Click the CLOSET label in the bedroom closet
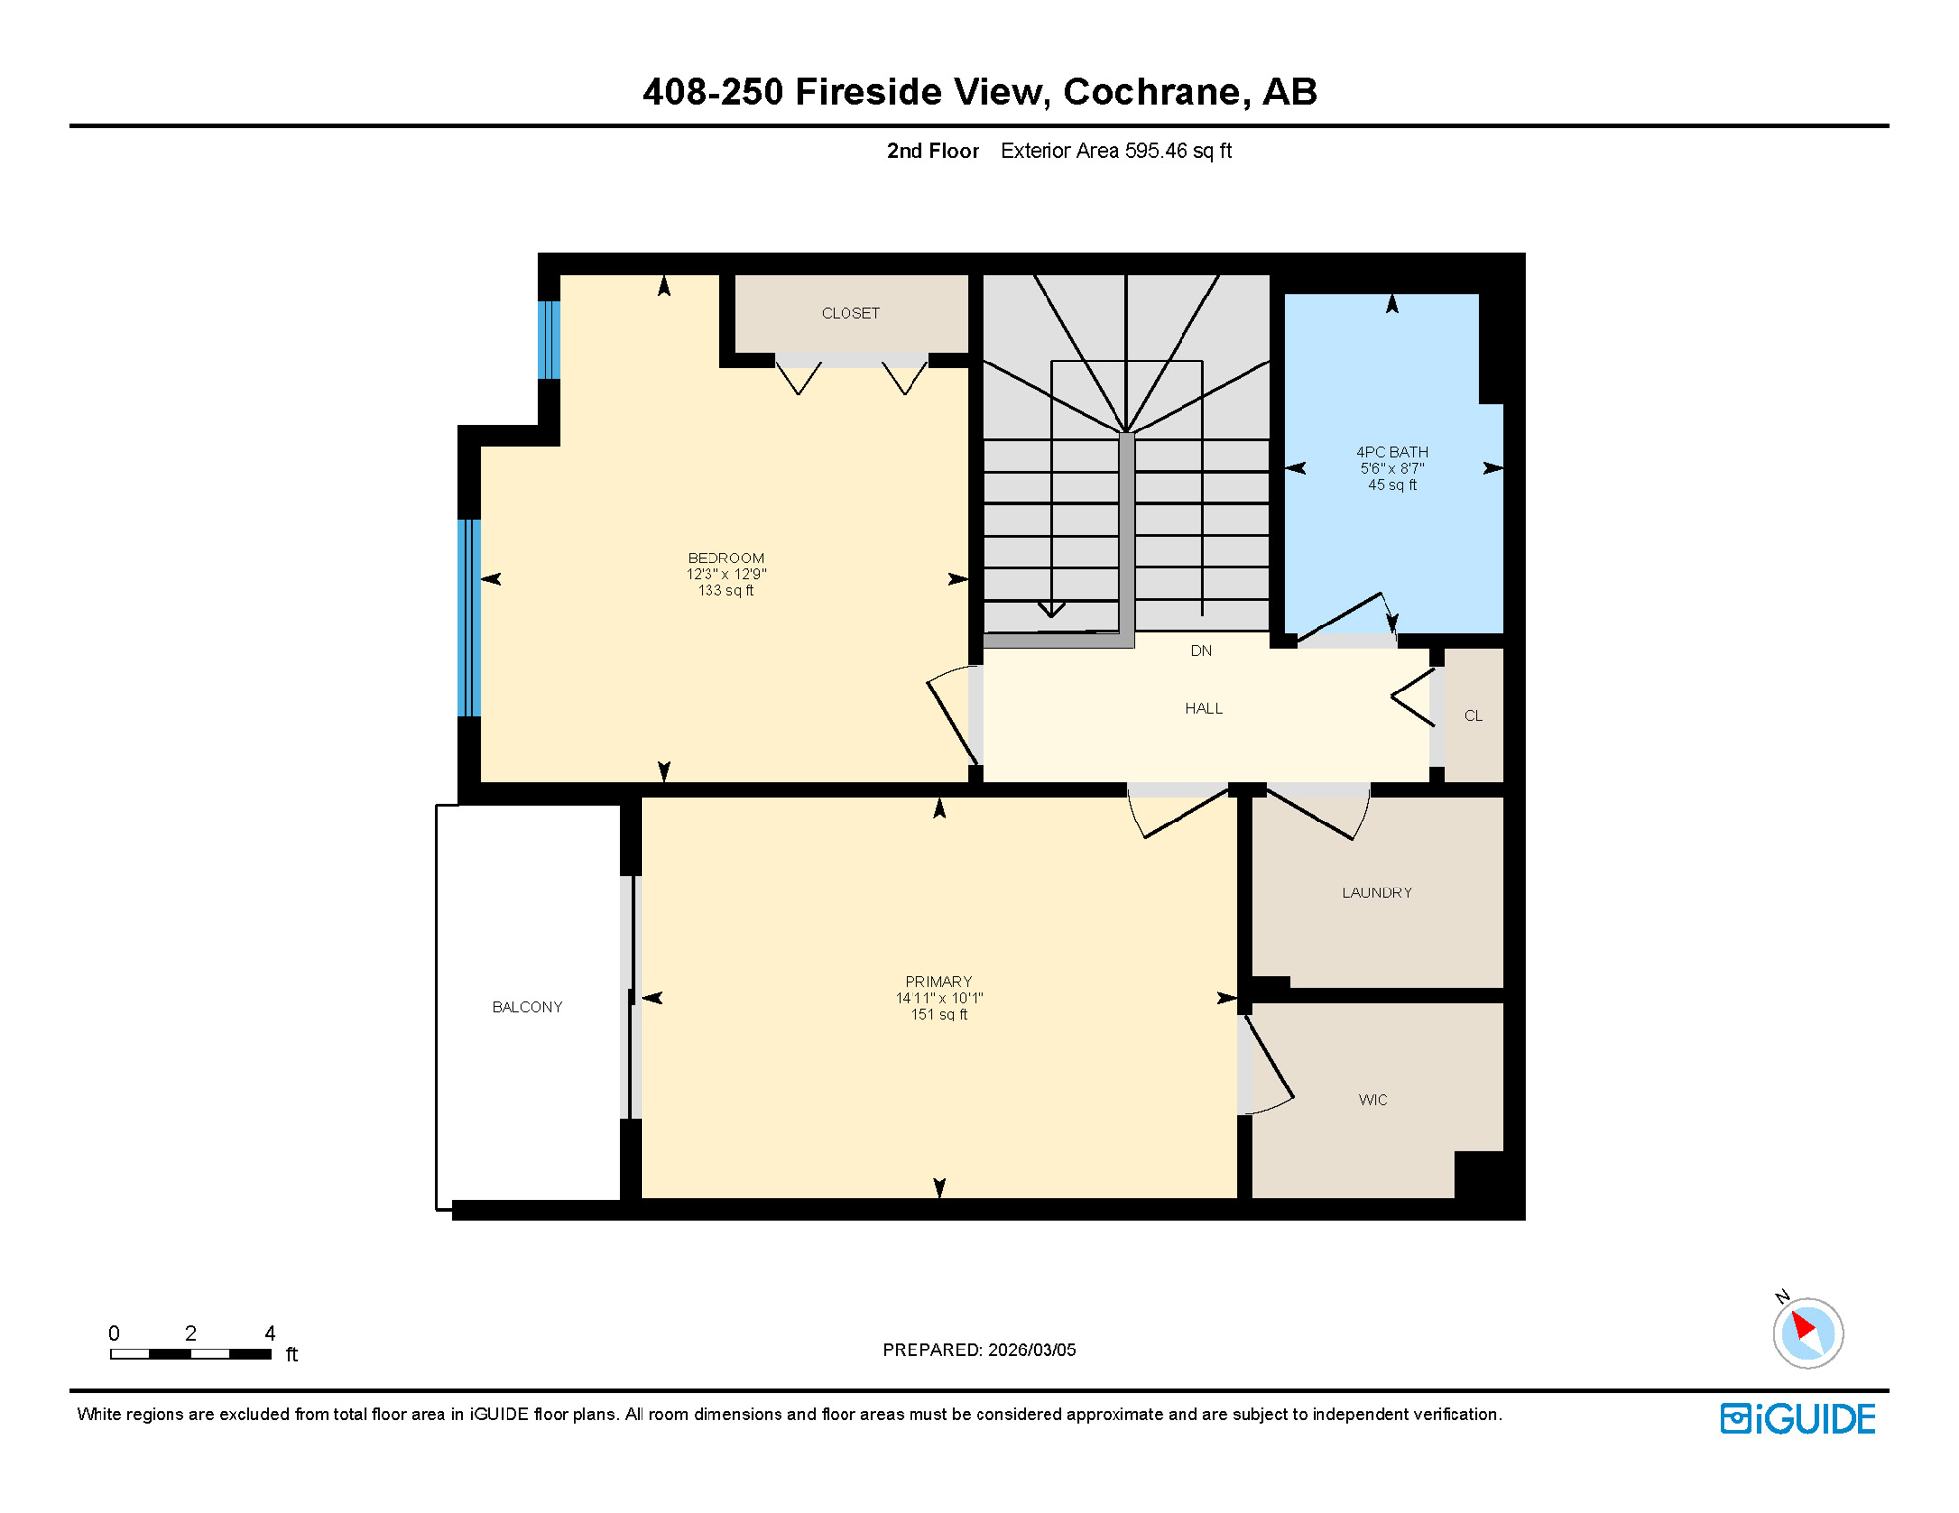pyautogui.click(x=850, y=313)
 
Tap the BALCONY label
pyautogui.click(x=527, y=1007)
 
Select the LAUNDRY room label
pyautogui.click(x=1377, y=892)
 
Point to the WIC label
pyautogui.click(x=1373, y=1100)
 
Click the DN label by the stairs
pyautogui.click(x=1201, y=651)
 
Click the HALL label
pyautogui.click(x=1204, y=709)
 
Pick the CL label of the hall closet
pyautogui.click(x=1473, y=716)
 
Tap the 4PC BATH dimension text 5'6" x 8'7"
pyautogui.click(x=1391, y=469)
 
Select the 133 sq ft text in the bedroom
pyautogui.click(x=725, y=591)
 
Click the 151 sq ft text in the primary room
pyautogui.click(x=939, y=1015)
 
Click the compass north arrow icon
pyautogui.click(x=1807, y=1333)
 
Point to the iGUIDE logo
pyautogui.click(x=1797, y=1418)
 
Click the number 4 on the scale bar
pyautogui.click(x=270, y=1333)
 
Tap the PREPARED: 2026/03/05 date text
pyautogui.click(x=979, y=1349)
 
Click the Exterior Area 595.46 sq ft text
pyautogui.click(x=1115, y=151)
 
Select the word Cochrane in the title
pyautogui.click(x=1150, y=92)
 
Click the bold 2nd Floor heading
pyautogui.click(x=932, y=151)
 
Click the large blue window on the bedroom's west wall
pyautogui.click(x=469, y=618)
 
